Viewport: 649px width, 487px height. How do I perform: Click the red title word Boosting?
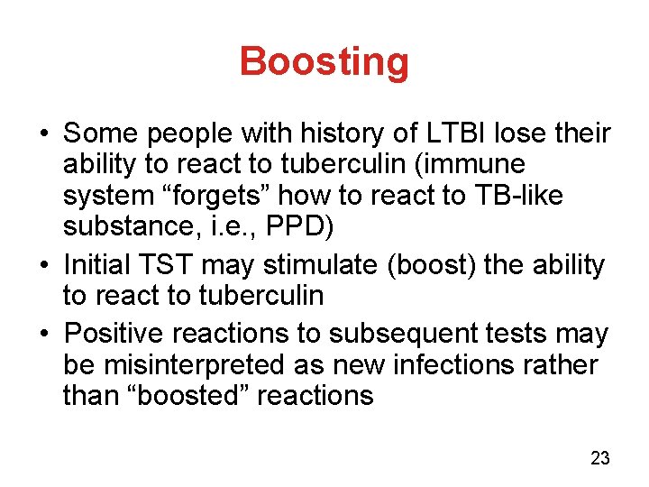(x=324, y=62)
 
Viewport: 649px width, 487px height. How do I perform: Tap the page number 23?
(x=600, y=459)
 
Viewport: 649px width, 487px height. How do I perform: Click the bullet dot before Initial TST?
(x=43, y=266)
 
